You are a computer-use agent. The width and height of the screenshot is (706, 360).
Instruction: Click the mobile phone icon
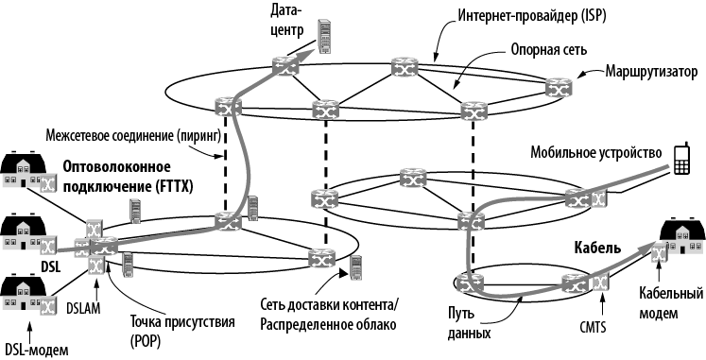(681, 159)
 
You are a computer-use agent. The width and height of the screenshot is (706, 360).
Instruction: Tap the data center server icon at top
(324, 37)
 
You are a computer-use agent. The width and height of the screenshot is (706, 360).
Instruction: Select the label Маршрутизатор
(651, 72)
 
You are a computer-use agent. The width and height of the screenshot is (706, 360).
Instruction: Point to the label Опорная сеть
(549, 49)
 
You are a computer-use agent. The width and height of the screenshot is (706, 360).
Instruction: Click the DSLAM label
(83, 309)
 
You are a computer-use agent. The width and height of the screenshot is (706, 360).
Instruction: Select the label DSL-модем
(37, 351)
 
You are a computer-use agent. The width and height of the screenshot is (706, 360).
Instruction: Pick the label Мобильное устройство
(596, 152)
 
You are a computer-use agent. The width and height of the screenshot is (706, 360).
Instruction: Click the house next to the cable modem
(682, 236)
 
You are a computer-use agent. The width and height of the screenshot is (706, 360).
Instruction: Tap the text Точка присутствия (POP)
(182, 331)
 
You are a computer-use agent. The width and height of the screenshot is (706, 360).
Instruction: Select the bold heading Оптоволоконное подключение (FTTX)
(128, 177)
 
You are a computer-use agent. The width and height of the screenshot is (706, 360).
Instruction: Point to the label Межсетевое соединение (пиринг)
(133, 136)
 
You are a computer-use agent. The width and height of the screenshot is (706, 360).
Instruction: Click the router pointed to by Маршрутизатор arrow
(559, 87)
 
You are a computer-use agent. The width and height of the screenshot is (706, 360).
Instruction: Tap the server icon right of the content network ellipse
(356, 267)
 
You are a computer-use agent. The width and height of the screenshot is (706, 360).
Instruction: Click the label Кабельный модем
(671, 303)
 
